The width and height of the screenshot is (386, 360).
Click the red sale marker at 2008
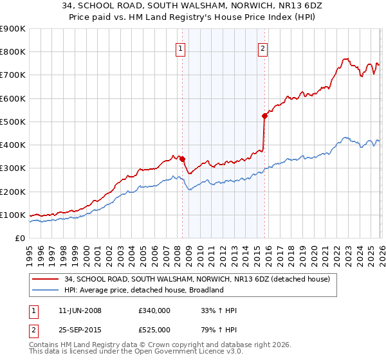pos(182,159)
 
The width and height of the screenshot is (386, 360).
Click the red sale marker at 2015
pos(264,116)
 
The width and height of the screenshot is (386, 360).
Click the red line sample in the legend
pos(46,279)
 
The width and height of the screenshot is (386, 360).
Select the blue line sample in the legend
pos(46,290)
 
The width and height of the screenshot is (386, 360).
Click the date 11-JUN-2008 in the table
pos(80,310)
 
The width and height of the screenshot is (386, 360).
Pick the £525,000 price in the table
pos(154,330)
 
